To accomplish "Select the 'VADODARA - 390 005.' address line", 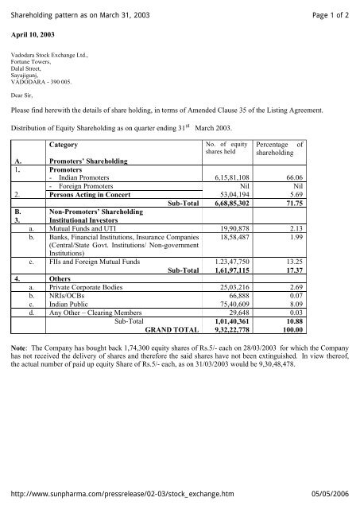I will point(39,81).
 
